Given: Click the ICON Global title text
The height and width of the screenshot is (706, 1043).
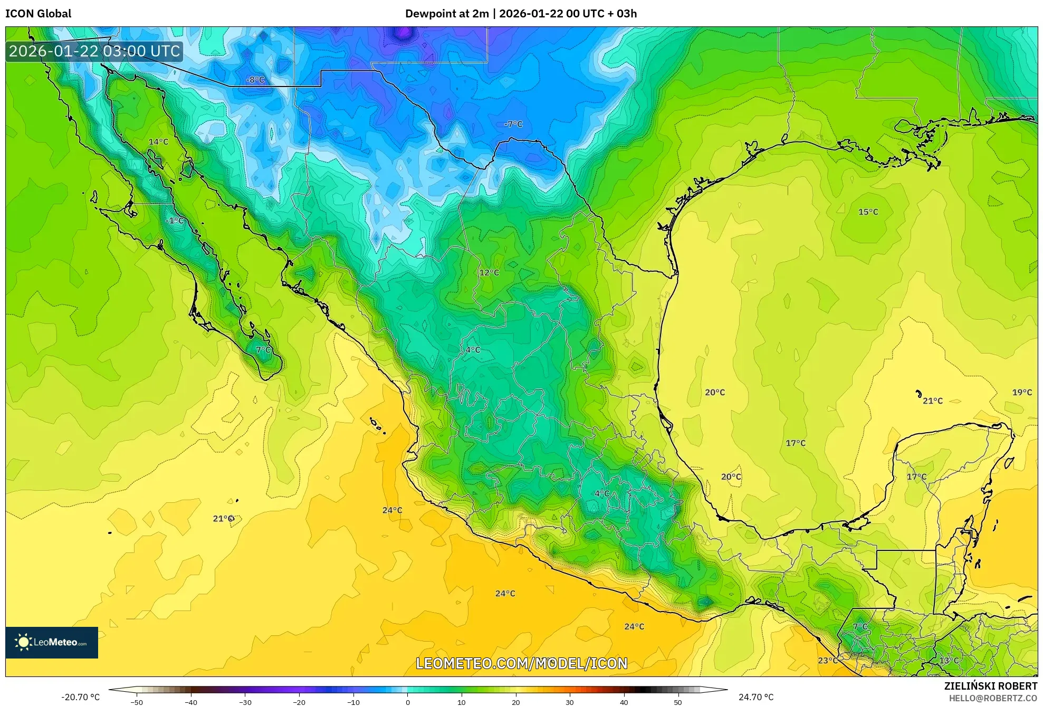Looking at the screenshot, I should pyautogui.click(x=38, y=14).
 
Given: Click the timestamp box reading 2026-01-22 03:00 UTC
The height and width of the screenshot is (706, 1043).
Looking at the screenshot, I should pyautogui.click(x=94, y=51).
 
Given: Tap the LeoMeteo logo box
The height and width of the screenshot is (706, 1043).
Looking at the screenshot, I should pyautogui.click(x=52, y=642).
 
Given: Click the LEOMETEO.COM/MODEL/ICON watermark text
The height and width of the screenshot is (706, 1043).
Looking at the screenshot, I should pyautogui.click(x=521, y=663).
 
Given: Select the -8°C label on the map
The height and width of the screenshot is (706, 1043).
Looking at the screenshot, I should pyautogui.click(x=255, y=80).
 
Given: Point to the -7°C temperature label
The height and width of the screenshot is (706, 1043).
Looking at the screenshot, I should pyautogui.click(x=513, y=124).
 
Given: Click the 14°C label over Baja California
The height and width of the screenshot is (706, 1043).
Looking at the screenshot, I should pyautogui.click(x=158, y=142).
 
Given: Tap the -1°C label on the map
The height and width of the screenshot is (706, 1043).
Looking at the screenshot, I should pyautogui.click(x=175, y=221).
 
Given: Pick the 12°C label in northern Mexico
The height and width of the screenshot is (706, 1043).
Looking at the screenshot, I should pyautogui.click(x=489, y=273).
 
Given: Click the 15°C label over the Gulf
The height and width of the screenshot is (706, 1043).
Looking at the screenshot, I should pyautogui.click(x=868, y=212).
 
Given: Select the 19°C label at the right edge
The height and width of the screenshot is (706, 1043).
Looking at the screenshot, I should pyautogui.click(x=1021, y=393).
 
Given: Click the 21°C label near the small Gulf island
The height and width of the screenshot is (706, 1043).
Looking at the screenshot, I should pyautogui.click(x=932, y=401).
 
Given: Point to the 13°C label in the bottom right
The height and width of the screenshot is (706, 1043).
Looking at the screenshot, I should pyautogui.click(x=949, y=661).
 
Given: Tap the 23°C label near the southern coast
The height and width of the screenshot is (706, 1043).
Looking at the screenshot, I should pyautogui.click(x=827, y=661).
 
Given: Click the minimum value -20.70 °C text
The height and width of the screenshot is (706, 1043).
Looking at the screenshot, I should pyautogui.click(x=80, y=697).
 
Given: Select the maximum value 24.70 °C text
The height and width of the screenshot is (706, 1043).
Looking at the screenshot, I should pyautogui.click(x=755, y=697).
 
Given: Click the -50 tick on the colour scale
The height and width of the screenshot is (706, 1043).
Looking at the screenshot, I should pyautogui.click(x=136, y=702).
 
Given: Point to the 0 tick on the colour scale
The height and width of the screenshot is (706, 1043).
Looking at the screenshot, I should pyautogui.click(x=407, y=702).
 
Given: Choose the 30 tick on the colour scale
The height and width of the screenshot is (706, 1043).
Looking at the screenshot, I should pyautogui.click(x=570, y=702).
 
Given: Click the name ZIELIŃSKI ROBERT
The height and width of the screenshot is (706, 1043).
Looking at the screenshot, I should pyautogui.click(x=990, y=686).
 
